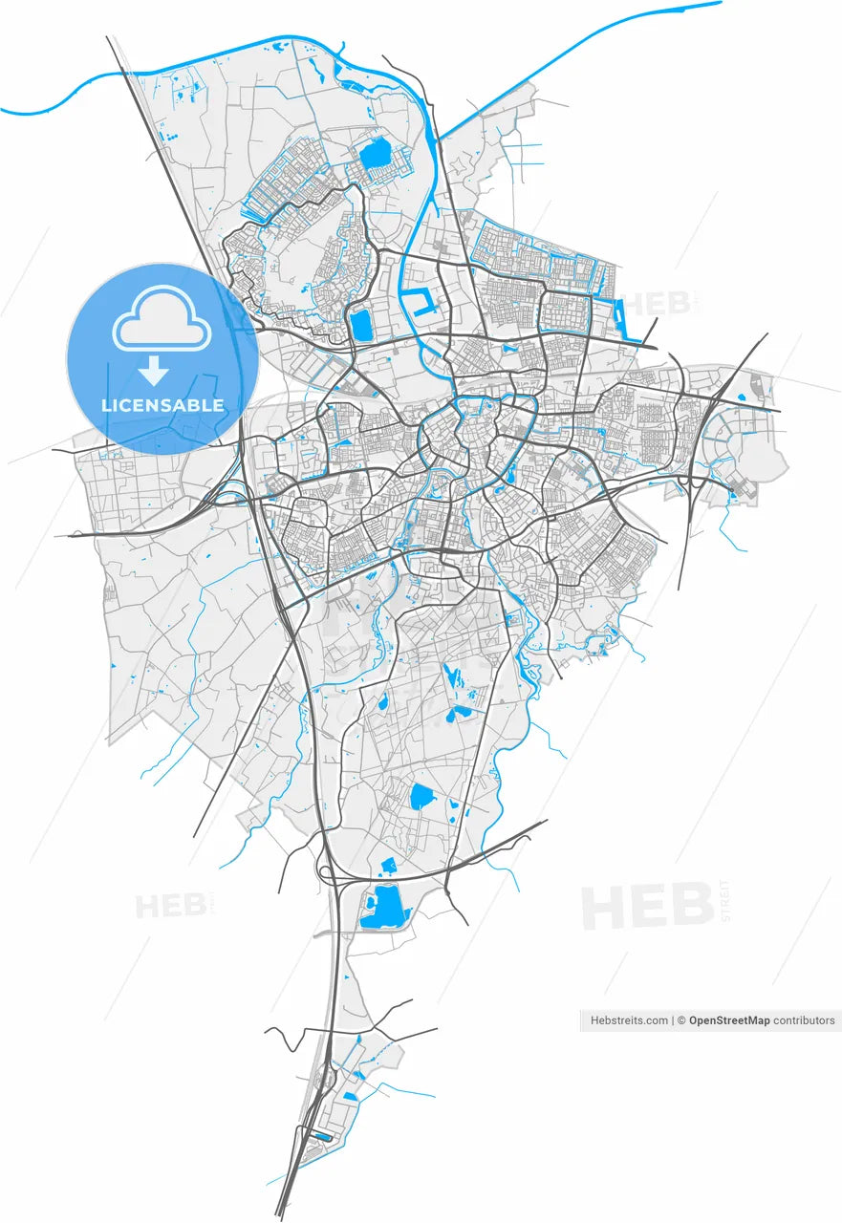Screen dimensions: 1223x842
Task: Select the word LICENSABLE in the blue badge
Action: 162,405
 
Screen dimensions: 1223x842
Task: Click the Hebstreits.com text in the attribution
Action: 629,1020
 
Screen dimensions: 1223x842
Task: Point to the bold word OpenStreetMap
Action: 729,1020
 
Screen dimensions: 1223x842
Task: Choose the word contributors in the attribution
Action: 804,1020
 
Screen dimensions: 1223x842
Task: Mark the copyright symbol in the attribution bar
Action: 681,1020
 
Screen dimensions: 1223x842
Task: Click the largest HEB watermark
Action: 647,908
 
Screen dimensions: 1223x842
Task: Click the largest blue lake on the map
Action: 384,907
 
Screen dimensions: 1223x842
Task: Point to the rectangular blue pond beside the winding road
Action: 362,325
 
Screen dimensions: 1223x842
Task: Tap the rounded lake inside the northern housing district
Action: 374,153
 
